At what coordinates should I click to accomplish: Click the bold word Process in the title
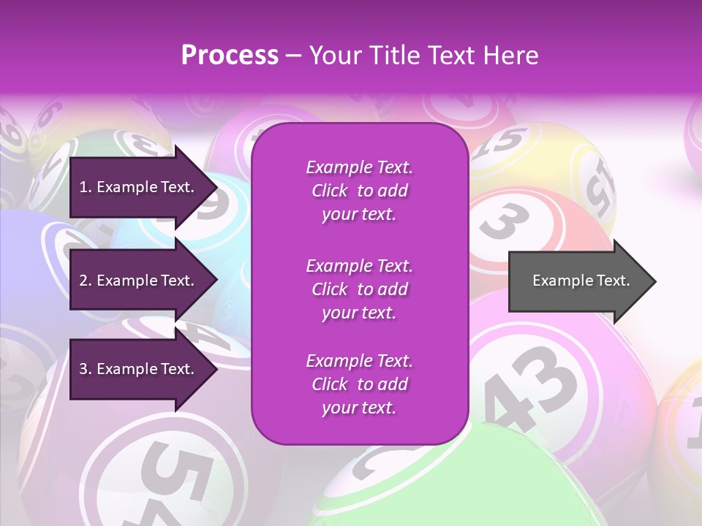(230, 56)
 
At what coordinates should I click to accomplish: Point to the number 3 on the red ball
(505, 221)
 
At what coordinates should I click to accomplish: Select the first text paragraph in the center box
(359, 191)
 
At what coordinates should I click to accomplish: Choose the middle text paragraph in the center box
(359, 289)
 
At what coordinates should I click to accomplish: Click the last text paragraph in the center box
(359, 384)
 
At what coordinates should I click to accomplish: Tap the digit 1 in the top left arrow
(83, 187)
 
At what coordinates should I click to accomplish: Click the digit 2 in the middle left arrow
(83, 281)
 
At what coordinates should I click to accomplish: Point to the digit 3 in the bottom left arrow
(83, 369)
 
